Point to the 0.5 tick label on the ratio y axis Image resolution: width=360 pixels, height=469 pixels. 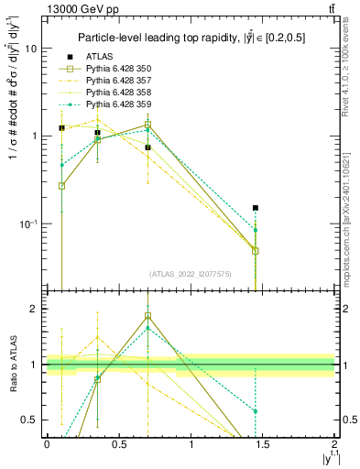(31, 420)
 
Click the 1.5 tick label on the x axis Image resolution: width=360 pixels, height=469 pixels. (263, 446)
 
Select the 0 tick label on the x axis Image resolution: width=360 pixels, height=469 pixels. (47, 446)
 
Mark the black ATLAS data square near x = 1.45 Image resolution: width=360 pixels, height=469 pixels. (256, 208)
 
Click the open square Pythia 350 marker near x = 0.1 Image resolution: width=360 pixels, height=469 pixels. (61, 186)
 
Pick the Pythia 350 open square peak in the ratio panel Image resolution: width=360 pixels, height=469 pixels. (147, 316)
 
